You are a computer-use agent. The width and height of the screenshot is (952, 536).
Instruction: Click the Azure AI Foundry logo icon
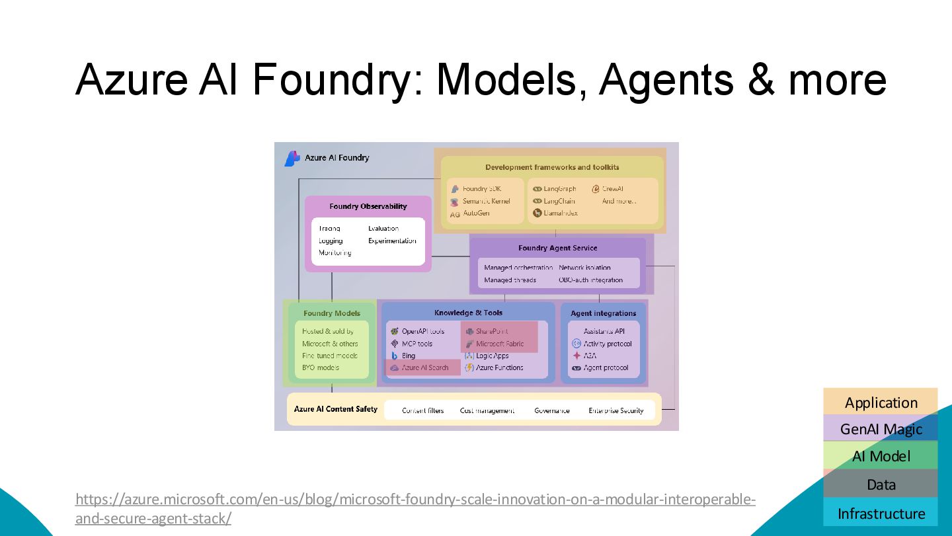(x=292, y=159)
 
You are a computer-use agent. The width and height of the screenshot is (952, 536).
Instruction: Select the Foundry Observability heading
(x=368, y=206)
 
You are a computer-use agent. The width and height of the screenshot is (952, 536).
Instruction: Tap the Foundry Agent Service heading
(x=557, y=248)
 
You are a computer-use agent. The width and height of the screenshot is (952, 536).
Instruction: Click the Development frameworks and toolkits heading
(x=552, y=167)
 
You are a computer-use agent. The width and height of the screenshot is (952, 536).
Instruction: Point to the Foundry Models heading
(x=332, y=313)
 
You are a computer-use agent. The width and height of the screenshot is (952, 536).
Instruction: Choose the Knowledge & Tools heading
(x=468, y=313)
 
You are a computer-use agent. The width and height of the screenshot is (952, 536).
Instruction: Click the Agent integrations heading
(x=603, y=313)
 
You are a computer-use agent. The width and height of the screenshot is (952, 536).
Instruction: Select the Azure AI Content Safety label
(x=336, y=409)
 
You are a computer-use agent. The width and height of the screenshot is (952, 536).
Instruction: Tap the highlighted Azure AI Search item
(x=424, y=367)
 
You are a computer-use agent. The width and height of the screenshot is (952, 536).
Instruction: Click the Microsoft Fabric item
(x=499, y=344)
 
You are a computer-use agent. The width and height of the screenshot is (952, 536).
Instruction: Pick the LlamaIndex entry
(x=560, y=213)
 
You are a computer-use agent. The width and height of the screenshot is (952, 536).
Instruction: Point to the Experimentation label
(x=392, y=241)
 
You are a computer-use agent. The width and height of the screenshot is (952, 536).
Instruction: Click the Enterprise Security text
(x=615, y=410)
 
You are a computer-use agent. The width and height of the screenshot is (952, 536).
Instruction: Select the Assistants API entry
(x=604, y=331)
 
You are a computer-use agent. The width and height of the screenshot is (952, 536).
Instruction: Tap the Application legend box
(x=881, y=402)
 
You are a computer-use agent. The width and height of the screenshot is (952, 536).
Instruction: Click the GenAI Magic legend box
(x=881, y=429)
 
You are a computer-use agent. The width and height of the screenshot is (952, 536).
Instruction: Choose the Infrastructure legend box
(x=881, y=514)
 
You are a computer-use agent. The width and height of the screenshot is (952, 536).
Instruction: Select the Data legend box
(x=881, y=484)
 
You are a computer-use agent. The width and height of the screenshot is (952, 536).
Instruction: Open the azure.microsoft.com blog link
(x=415, y=500)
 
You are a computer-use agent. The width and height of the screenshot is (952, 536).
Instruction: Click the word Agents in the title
(x=667, y=79)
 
